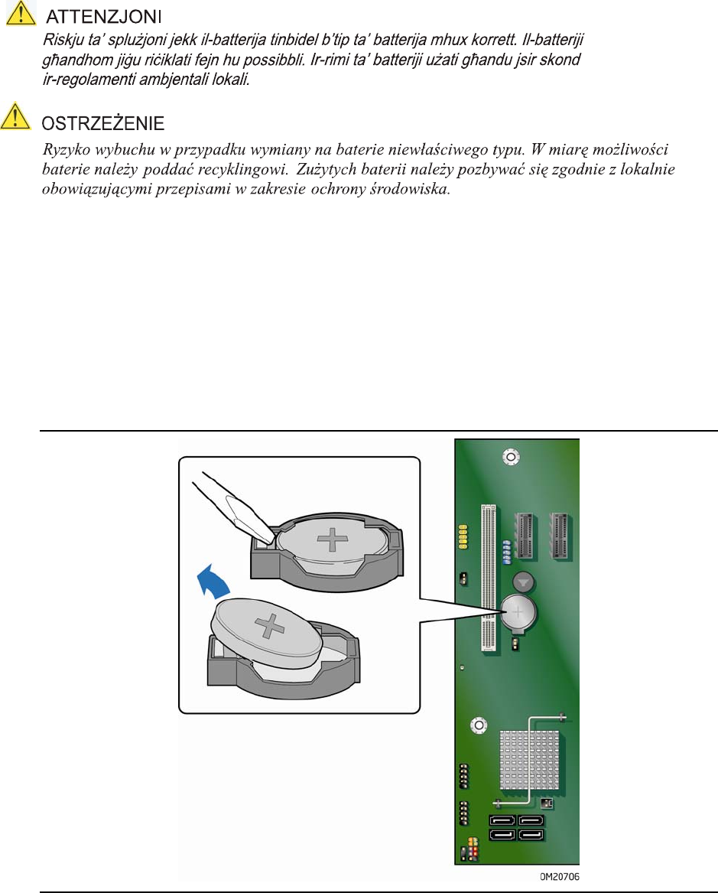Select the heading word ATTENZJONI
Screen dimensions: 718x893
(103, 17)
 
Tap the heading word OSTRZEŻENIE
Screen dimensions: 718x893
(103, 124)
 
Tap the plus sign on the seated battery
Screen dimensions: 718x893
(333, 539)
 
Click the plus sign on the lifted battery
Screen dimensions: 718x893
(270, 626)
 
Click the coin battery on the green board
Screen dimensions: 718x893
(518, 612)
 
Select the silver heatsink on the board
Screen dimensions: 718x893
(530, 760)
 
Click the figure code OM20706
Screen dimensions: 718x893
(559, 877)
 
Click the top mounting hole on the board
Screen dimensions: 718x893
(510, 457)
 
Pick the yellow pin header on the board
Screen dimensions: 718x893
(463, 536)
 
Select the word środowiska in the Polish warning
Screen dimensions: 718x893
(410, 189)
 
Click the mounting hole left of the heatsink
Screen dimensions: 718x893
(479, 725)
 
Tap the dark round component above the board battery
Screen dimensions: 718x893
(524, 582)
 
